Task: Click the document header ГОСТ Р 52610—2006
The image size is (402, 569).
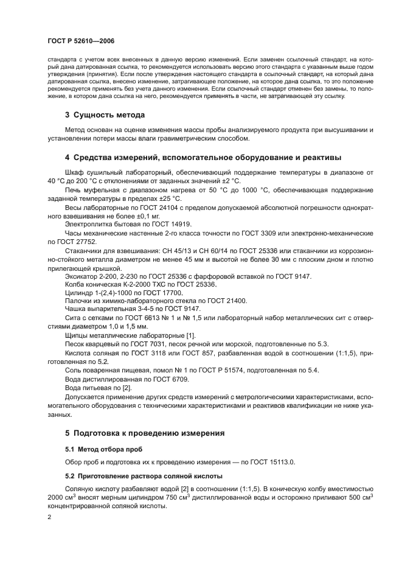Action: (81, 41)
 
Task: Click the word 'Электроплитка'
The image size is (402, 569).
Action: (88, 224)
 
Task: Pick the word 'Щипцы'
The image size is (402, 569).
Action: (75, 335)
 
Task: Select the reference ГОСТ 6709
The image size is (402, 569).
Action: (159, 379)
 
